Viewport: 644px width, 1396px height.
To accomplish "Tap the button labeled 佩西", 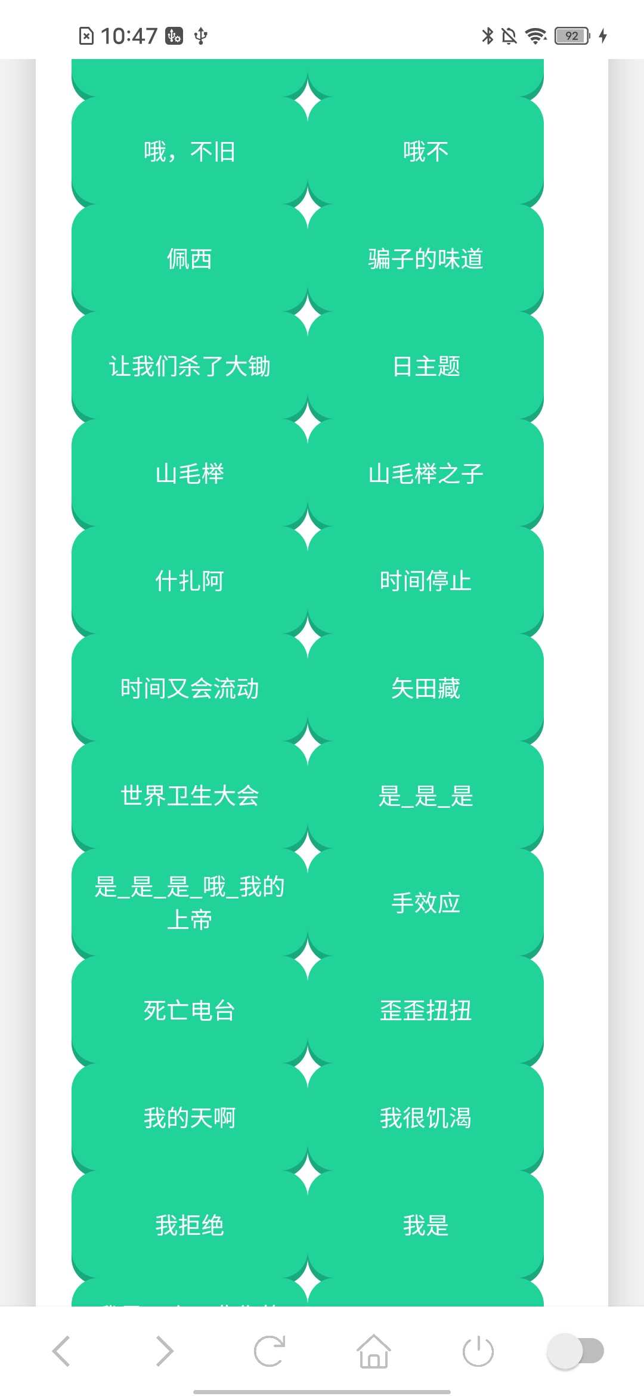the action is tap(190, 259).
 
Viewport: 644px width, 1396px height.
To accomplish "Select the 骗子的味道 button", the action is tap(426, 259).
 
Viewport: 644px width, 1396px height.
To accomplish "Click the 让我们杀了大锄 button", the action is tap(190, 366).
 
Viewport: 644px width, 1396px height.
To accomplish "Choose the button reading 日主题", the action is tap(426, 366).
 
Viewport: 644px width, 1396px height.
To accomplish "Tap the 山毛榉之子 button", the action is tap(426, 474).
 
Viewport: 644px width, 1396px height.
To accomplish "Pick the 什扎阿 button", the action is tap(190, 581).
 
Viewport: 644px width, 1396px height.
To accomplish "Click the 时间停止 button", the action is tap(426, 581).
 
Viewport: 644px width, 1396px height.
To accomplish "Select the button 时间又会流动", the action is tap(190, 688).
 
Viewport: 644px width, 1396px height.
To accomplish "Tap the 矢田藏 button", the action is tap(426, 688).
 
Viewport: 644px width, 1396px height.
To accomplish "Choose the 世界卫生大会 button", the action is tap(190, 796).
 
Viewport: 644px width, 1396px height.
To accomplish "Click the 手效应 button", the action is tap(426, 903).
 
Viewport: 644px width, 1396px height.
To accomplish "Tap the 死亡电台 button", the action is tap(190, 1011).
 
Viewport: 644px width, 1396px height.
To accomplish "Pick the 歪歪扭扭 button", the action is tap(426, 1011).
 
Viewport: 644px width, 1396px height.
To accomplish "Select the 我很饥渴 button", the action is tap(426, 1118).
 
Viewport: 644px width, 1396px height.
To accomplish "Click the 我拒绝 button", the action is tap(190, 1225).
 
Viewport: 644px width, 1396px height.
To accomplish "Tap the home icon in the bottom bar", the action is tap(374, 1351).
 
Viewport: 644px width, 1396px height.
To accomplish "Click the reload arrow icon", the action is tap(270, 1351).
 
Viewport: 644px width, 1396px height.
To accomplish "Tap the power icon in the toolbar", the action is tap(478, 1351).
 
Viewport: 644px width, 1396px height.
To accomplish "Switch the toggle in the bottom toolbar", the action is tap(575, 1351).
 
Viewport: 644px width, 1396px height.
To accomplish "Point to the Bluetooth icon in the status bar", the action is tap(488, 36).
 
